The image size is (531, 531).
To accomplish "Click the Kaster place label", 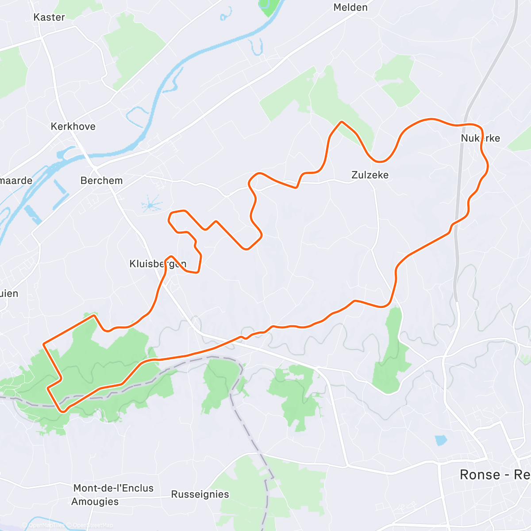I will click(x=49, y=17).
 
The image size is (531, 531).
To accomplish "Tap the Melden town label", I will click(x=350, y=8).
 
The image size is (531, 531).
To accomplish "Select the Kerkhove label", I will click(x=73, y=127).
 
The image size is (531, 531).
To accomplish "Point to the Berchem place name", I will click(x=101, y=181).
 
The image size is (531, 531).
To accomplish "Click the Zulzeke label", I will click(x=370, y=175).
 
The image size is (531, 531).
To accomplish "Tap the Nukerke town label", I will click(x=480, y=139).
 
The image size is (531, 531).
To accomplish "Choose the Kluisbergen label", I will click(x=158, y=264).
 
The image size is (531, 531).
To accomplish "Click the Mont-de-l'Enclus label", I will click(x=113, y=488).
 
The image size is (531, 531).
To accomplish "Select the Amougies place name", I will click(x=95, y=502).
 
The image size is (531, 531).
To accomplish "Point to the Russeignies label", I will click(x=200, y=494).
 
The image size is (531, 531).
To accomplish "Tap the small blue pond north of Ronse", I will click(x=441, y=440).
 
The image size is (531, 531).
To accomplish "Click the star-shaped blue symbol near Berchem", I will click(x=151, y=205).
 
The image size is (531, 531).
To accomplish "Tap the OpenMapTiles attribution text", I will click(x=46, y=526).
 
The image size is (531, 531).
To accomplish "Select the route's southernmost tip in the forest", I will click(x=63, y=411).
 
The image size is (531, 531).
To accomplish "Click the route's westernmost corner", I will click(x=43, y=343).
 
